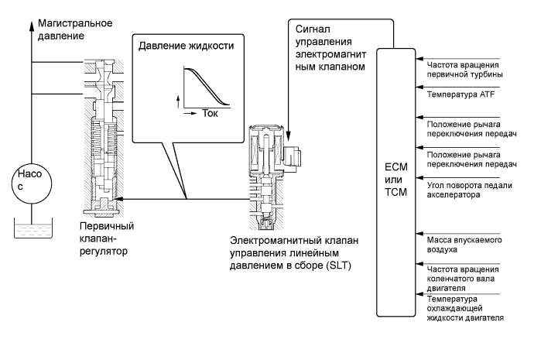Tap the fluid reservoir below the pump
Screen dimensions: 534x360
(33, 228)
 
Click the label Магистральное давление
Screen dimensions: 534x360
(75, 29)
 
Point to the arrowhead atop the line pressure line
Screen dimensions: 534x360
(31, 26)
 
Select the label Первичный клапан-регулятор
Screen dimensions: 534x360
(107, 238)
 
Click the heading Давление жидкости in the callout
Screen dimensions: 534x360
(186, 46)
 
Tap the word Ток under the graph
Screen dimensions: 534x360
(210, 113)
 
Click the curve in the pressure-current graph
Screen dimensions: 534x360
(207, 87)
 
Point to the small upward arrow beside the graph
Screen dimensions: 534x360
(178, 102)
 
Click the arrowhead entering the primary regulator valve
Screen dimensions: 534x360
(118, 198)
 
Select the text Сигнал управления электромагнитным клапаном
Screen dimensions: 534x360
(330, 48)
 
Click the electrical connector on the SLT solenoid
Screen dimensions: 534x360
(291, 156)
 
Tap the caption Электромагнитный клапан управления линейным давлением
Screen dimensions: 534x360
(294, 253)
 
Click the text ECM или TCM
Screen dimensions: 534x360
(395, 180)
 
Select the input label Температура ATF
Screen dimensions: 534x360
(460, 94)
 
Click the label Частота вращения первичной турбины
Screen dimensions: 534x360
(464, 70)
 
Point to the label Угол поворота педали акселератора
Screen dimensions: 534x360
(469, 190)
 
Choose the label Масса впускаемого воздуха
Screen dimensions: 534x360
(464, 245)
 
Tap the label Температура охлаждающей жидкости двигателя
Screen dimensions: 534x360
(465, 309)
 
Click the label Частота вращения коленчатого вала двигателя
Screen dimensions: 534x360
(463, 279)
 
